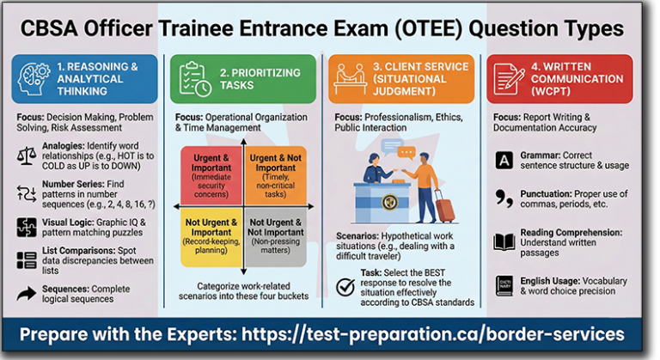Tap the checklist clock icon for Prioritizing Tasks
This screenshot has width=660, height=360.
click(x=195, y=78)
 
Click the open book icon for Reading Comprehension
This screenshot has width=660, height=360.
click(x=504, y=242)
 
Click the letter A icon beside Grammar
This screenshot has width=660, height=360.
click(x=504, y=160)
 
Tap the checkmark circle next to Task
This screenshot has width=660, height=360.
click(x=345, y=287)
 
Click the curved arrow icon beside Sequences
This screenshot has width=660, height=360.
click(x=27, y=295)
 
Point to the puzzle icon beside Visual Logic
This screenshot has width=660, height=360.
click(x=27, y=227)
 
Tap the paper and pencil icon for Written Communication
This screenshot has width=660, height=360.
click(x=510, y=78)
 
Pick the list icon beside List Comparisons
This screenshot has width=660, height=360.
click(x=27, y=261)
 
